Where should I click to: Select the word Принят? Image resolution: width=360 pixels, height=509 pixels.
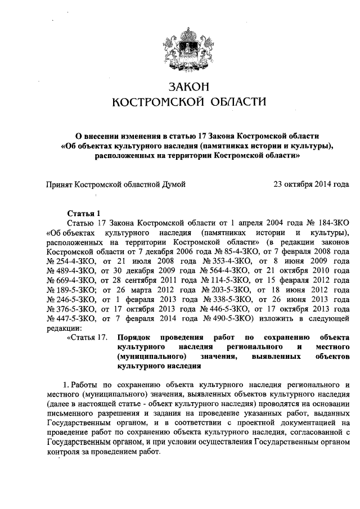[60, 184]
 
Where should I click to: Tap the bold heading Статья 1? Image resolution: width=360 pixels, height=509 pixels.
[83, 213]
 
